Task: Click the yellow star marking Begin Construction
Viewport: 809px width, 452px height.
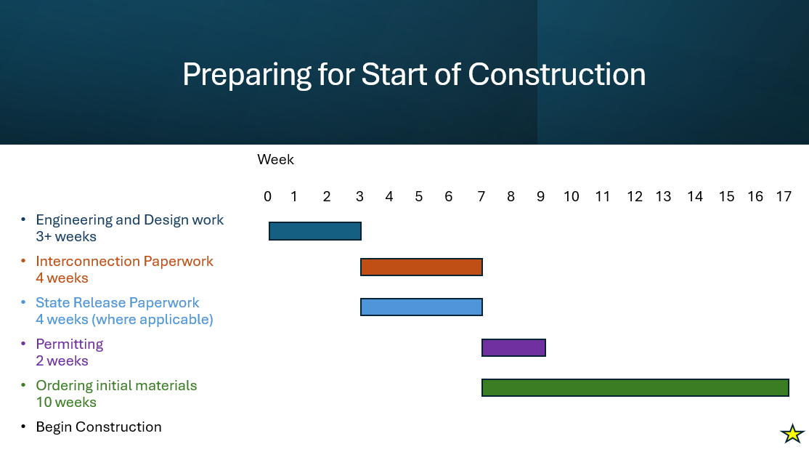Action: pyautogui.click(x=792, y=433)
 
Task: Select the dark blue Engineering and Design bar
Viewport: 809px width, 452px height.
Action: pyautogui.click(x=314, y=231)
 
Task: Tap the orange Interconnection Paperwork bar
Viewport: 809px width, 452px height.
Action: pyautogui.click(x=421, y=267)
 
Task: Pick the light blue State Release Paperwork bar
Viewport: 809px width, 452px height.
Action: pyautogui.click(x=421, y=307)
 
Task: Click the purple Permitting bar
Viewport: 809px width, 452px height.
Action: pyautogui.click(x=513, y=347)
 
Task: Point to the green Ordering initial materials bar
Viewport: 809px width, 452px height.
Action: pyautogui.click(x=635, y=387)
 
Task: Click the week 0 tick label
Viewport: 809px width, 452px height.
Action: pyautogui.click(x=267, y=196)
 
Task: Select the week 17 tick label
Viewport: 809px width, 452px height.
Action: pyautogui.click(x=784, y=196)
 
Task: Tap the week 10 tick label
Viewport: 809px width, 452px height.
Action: pyautogui.click(x=571, y=196)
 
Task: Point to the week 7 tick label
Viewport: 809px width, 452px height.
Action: pyautogui.click(x=481, y=196)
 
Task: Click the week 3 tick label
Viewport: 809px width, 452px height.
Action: pyautogui.click(x=359, y=196)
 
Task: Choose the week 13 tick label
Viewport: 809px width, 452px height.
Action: pyautogui.click(x=663, y=196)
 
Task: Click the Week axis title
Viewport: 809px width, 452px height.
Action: pyautogui.click(x=275, y=159)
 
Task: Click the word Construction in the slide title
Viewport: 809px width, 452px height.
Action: pyautogui.click(x=557, y=74)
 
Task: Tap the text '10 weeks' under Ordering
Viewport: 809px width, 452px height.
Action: pyautogui.click(x=66, y=402)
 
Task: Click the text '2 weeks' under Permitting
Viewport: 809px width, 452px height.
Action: pyautogui.click(x=62, y=360)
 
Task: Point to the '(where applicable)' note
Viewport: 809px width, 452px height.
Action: pyautogui.click(x=153, y=320)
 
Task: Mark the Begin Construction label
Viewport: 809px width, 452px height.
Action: pyautogui.click(x=99, y=427)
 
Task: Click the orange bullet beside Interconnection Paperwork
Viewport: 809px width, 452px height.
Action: pyautogui.click(x=23, y=261)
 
